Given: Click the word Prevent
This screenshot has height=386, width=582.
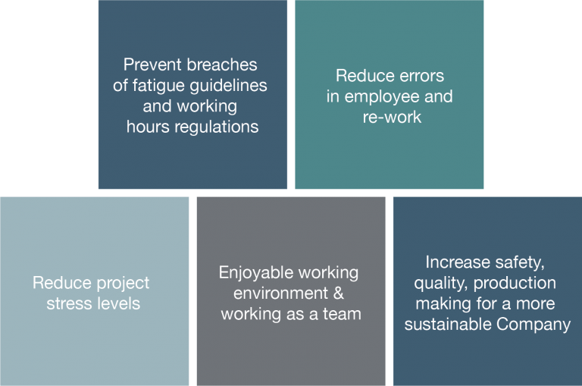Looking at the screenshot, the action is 152,64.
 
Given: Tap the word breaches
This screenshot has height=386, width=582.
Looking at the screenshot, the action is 222,64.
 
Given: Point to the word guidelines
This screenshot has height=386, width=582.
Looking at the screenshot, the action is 228,86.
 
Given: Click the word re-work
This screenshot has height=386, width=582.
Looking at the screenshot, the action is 392,118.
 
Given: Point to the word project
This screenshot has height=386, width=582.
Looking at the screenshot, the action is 123,284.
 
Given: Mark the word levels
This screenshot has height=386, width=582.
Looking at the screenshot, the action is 117,303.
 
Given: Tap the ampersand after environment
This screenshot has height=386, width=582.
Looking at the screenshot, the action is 338,293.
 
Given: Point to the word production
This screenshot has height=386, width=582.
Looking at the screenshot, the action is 515,284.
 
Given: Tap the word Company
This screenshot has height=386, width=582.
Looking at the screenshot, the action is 533,325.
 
